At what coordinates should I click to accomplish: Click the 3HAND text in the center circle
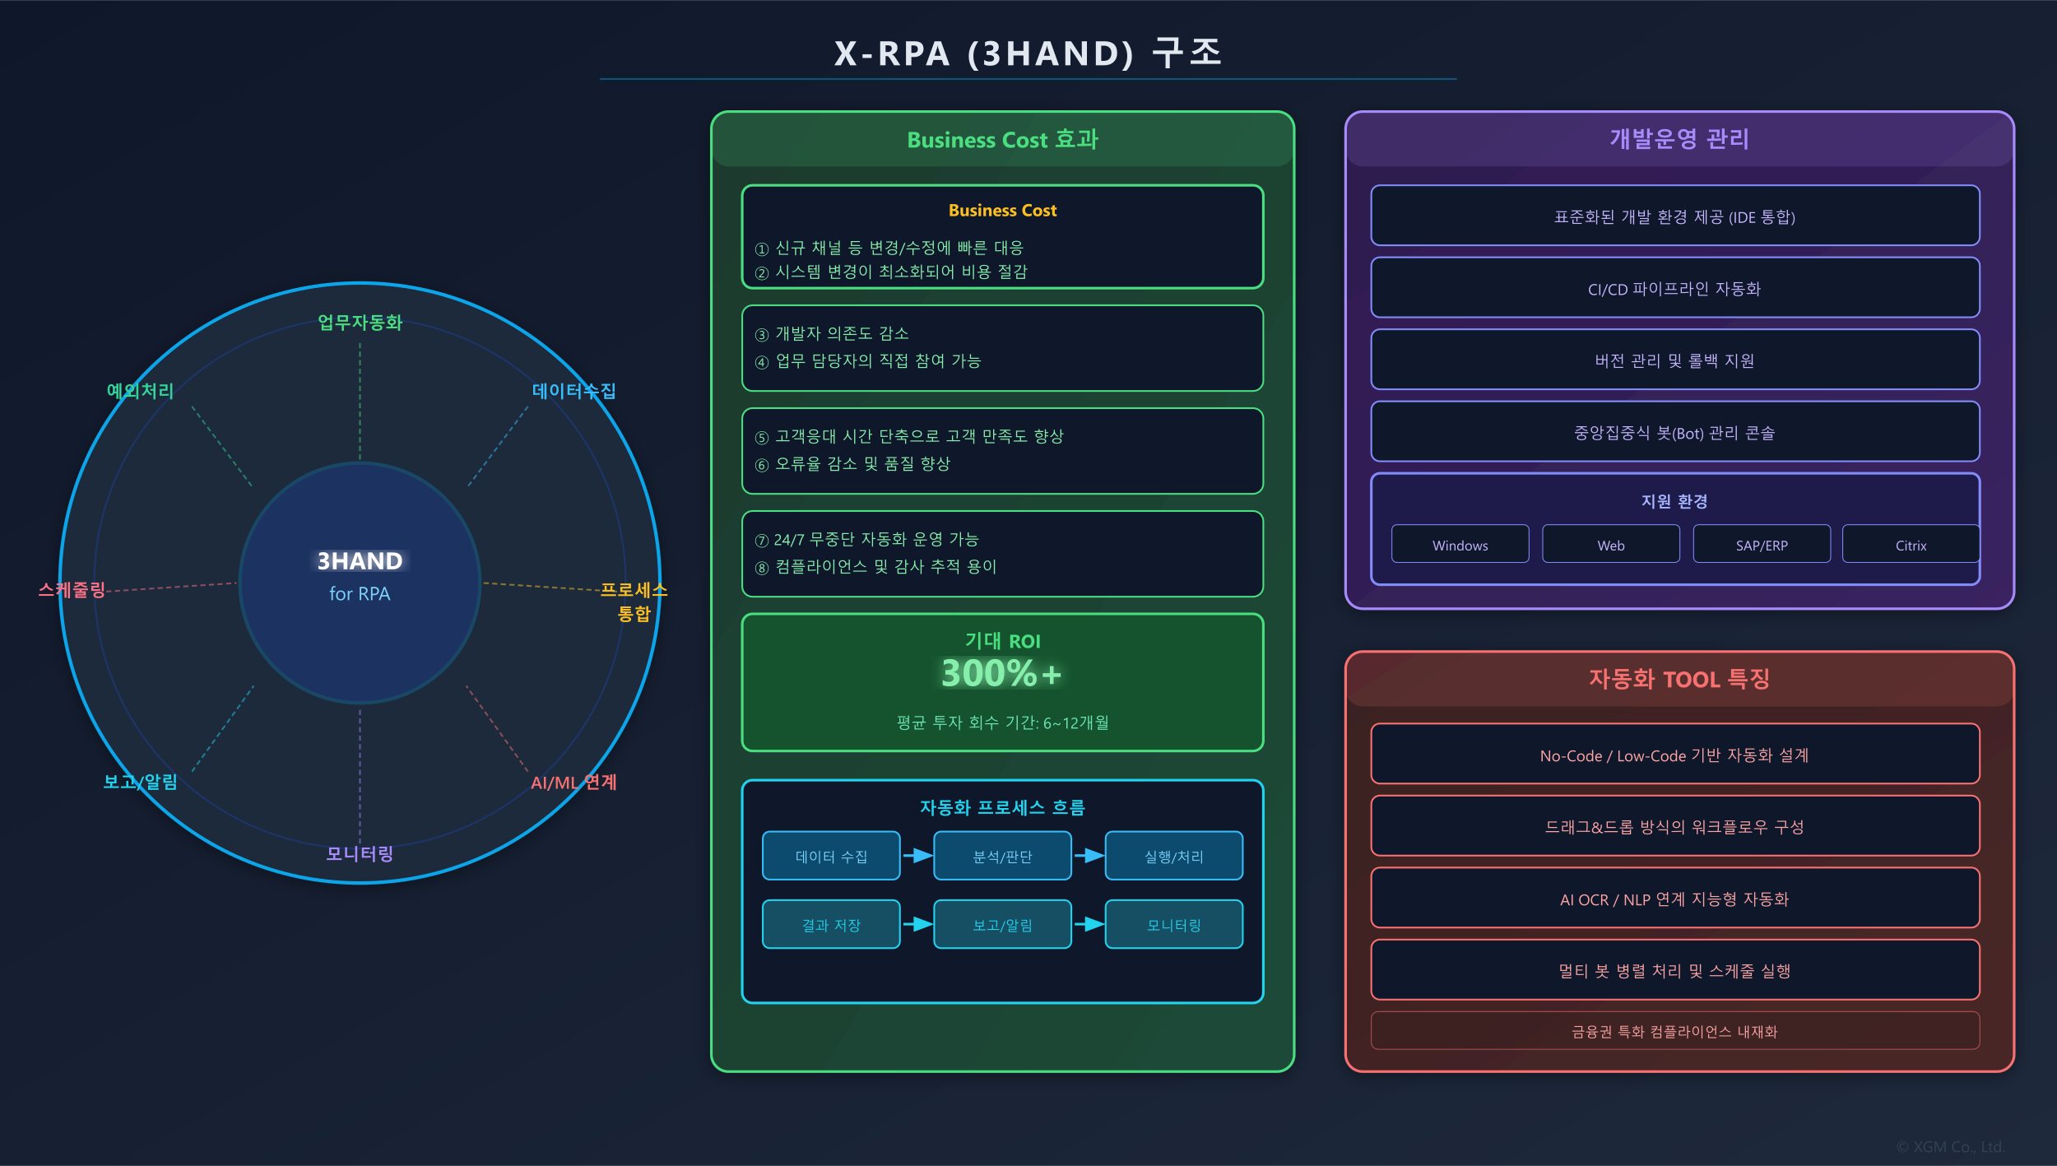pyautogui.click(x=360, y=561)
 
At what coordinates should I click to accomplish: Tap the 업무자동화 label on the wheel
pyautogui.click(x=360, y=323)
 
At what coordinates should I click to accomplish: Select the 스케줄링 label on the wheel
pyautogui.click(x=72, y=589)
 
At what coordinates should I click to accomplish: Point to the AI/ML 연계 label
pyautogui.click(x=573, y=782)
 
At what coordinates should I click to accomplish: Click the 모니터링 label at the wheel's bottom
pyautogui.click(x=360, y=853)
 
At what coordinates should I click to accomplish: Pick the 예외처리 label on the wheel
pyautogui.click(x=140, y=390)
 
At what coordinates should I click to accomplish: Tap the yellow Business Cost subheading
pyautogui.click(x=1002, y=211)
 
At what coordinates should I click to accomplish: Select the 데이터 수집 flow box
pyautogui.click(x=831, y=856)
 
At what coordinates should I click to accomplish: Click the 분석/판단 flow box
pyautogui.click(x=1002, y=856)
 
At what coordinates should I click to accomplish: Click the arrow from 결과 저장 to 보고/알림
pyautogui.click(x=917, y=924)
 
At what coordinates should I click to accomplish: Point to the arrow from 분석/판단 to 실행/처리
pyautogui.click(x=1089, y=856)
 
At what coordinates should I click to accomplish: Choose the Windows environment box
pyautogui.click(x=1460, y=545)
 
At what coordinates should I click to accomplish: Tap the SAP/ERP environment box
pyautogui.click(x=1761, y=545)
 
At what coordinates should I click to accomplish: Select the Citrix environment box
pyautogui.click(x=1911, y=545)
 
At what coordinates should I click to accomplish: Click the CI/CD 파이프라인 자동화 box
pyautogui.click(x=1674, y=288)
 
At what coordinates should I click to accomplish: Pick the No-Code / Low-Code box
pyautogui.click(x=1674, y=755)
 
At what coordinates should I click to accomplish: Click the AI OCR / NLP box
pyautogui.click(x=1674, y=899)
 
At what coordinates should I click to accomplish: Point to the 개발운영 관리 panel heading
pyautogui.click(x=1679, y=139)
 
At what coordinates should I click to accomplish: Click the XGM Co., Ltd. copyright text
pyautogui.click(x=1949, y=1147)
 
